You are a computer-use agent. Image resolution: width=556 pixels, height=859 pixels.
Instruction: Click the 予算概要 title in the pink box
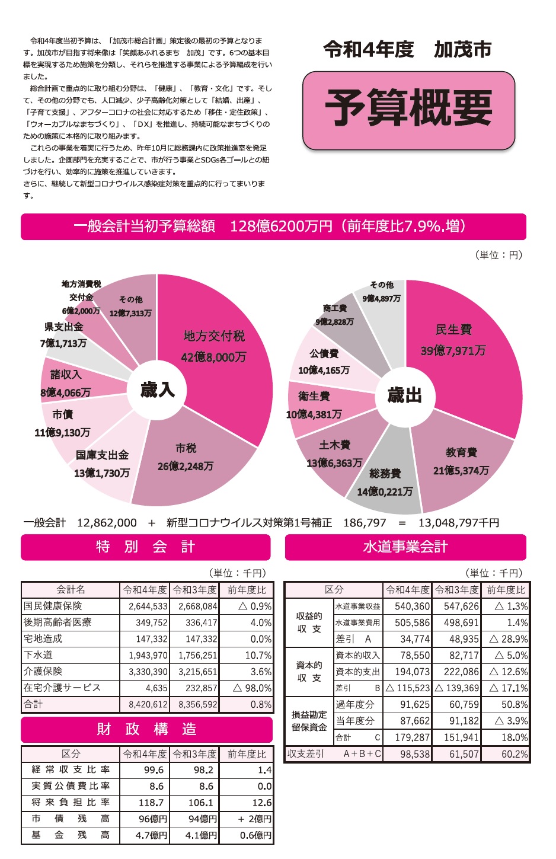(408, 109)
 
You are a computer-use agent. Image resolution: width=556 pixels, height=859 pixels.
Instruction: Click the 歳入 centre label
(157, 389)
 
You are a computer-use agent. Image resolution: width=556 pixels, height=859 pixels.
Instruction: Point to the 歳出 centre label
(404, 395)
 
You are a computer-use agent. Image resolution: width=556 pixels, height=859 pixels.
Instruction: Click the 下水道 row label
(39, 655)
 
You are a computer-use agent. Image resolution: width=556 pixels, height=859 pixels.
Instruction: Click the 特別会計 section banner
(146, 547)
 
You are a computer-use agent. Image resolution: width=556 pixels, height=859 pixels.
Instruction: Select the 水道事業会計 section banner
(405, 547)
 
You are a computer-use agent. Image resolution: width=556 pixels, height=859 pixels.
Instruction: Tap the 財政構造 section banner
(146, 729)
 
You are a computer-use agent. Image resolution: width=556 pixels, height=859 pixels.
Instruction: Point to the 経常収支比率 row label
(71, 769)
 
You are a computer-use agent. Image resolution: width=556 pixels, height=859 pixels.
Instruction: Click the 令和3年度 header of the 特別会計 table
(194, 590)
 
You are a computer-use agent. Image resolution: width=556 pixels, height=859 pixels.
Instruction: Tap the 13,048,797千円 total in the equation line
(459, 523)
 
